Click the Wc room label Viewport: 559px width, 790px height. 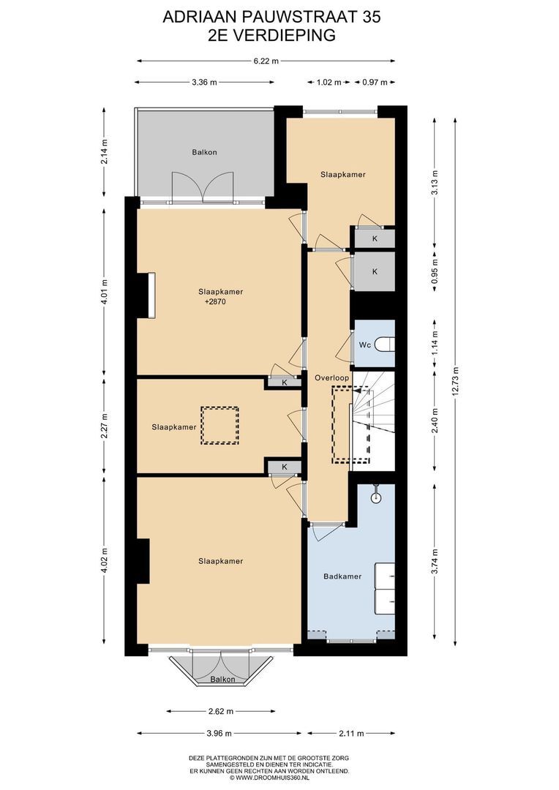tap(365, 345)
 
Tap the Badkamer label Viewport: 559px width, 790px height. tap(342, 576)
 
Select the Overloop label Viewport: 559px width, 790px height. tap(331, 377)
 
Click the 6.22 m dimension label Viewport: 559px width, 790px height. tap(266, 61)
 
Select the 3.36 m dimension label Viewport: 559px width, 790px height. tap(204, 82)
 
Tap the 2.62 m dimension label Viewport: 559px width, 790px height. tap(221, 712)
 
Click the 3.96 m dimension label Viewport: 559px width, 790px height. tap(219, 734)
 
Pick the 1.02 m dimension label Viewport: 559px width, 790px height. tap(329, 82)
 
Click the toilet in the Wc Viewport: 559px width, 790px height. tap(387, 345)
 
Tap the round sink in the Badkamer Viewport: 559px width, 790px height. tap(375, 498)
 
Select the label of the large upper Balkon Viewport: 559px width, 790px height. tap(204, 152)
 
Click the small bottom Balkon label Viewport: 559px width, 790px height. tap(222, 679)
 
